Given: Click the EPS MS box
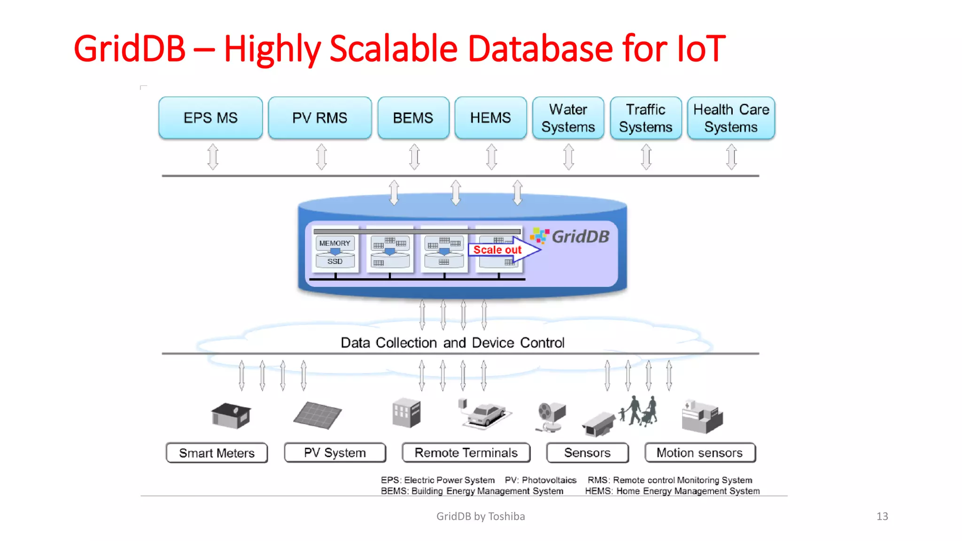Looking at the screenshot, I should [x=210, y=118].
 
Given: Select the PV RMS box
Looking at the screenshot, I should [x=319, y=118].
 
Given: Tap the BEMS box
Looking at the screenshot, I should [x=413, y=118].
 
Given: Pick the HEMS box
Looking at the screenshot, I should [x=490, y=118].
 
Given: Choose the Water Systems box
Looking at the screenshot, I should [x=568, y=118].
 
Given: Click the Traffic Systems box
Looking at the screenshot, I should [x=645, y=118].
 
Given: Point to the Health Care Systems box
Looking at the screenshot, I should [x=731, y=118].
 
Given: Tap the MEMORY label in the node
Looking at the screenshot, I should [x=334, y=243].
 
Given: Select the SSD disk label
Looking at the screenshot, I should [x=334, y=261].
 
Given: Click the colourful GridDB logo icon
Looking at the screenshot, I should [x=539, y=236].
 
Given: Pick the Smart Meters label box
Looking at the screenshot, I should [x=217, y=453].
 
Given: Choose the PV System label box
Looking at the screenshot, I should [x=335, y=453].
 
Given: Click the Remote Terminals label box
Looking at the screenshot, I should [x=466, y=453].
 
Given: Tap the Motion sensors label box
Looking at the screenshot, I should [x=699, y=453].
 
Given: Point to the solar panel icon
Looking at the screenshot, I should [x=318, y=415].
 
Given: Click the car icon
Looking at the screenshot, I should [x=487, y=414].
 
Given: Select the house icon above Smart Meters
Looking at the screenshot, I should [x=231, y=415].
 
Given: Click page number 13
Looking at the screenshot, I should [x=882, y=517].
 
